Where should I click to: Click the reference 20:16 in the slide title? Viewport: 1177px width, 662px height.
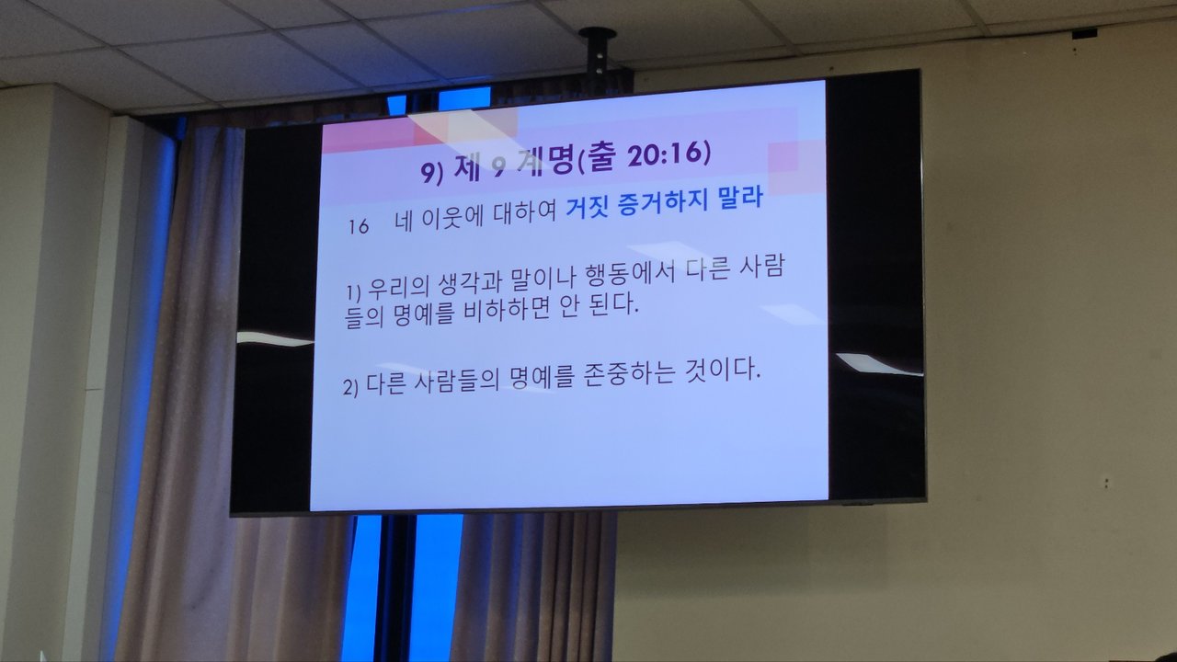click(x=664, y=154)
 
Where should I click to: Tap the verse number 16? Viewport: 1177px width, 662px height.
click(x=359, y=226)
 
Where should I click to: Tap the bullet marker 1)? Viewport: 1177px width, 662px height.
click(x=354, y=292)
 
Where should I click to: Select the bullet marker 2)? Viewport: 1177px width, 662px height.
click(x=350, y=388)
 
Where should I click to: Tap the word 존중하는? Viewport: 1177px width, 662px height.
click(x=629, y=374)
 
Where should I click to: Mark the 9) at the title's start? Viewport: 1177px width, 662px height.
click(x=432, y=172)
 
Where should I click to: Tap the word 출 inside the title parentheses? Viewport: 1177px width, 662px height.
click(x=600, y=157)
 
